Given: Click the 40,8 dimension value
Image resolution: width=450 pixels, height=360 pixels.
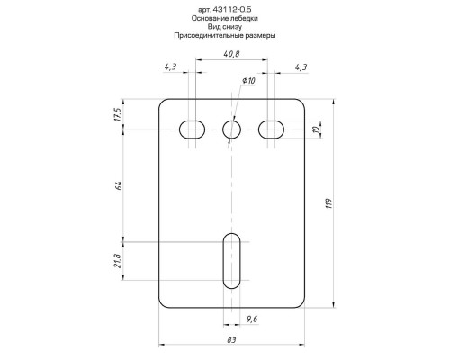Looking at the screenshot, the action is pos(231,54).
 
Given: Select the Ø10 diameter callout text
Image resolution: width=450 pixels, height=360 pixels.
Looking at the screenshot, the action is pos(248,81).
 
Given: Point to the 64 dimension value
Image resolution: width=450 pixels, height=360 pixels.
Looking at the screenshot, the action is pos(119,185).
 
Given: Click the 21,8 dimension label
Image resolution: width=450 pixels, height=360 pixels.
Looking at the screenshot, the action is pos(117,261).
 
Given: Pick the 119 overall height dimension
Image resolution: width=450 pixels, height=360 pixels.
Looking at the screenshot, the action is pos(329,203).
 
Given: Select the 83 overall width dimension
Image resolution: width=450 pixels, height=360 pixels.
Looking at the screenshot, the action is pos(231,340).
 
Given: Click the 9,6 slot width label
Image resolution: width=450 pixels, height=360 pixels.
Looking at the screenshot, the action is pos(252,319).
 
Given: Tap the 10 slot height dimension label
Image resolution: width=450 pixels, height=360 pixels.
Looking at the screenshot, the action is pos(315,130).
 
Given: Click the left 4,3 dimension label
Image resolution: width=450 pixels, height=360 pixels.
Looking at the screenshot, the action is pos(170,67).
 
